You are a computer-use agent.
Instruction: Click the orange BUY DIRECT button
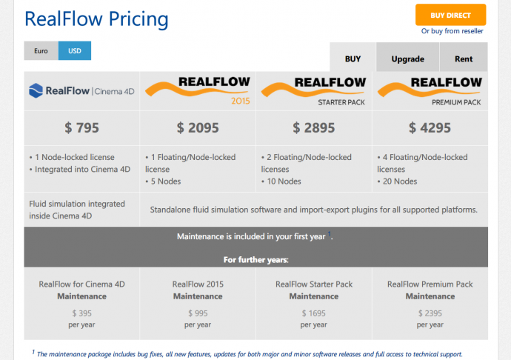click(x=450, y=15)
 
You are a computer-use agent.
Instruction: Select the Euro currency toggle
click(x=41, y=51)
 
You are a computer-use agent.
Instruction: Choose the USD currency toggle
click(x=75, y=51)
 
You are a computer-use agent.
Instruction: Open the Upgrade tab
click(x=407, y=59)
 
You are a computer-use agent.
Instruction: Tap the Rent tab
click(x=464, y=59)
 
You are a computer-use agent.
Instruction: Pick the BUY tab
click(x=353, y=59)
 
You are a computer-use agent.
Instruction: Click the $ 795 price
click(x=81, y=127)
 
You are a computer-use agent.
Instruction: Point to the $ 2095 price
click(x=198, y=127)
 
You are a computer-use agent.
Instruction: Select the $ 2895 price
click(x=314, y=127)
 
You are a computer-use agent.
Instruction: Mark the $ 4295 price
click(x=430, y=127)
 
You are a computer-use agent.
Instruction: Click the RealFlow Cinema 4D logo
click(x=81, y=91)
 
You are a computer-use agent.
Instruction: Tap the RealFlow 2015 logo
click(x=198, y=90)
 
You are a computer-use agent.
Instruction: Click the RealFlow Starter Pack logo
click(x=314, y=90)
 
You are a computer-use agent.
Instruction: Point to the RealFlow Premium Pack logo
click(x=430, y=90)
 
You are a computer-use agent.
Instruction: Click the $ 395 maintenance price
click(x=81, y=313)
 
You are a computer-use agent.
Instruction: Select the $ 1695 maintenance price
click(x=314, y=313)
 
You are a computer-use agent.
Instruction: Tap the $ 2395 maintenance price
click(x=430, y=313)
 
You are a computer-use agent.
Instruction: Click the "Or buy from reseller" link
click(x=452, y=31)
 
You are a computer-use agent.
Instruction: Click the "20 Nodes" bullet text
click(x=400, y=181)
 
